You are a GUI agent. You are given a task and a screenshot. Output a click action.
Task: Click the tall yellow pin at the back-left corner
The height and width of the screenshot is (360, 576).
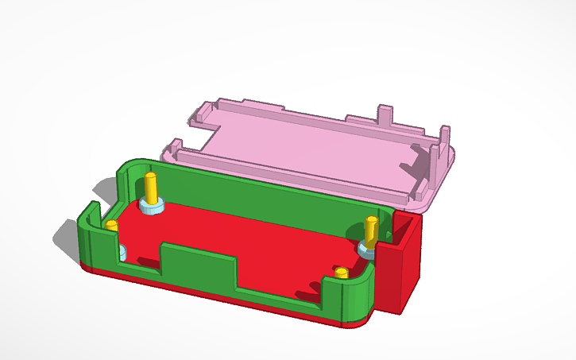click(x=151, y=188)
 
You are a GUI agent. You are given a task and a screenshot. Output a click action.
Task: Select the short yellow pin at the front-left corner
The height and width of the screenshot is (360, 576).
click(x=112, y=226)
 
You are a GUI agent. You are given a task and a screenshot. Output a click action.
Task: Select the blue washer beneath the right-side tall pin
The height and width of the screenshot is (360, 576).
click(x=366, y=250)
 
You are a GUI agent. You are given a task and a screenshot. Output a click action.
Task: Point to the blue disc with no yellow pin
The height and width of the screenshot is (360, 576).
click(x=122, y=254)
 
